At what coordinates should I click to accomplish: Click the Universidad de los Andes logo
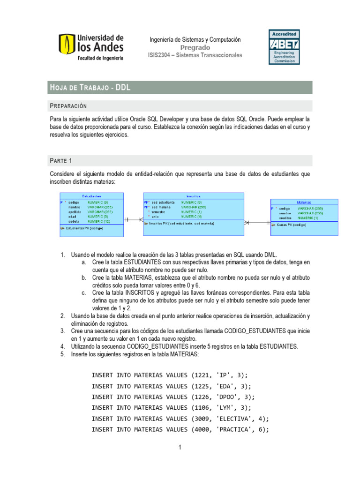click(91, 47)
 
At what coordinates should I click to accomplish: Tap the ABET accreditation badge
click(284, 47)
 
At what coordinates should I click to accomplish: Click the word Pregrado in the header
click(195, 48)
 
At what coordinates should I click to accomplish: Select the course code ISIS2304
click(160, 55)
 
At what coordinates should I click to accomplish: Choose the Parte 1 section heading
click(61, 161)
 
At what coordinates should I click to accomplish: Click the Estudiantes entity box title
click(91, 196)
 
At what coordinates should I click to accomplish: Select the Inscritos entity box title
click(193, 196)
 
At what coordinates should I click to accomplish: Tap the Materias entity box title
click(303, 202)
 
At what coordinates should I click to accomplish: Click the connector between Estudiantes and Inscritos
click(133, 219)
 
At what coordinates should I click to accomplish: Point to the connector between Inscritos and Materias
click(257, 222)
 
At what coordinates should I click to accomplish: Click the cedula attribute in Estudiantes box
click(75, 221)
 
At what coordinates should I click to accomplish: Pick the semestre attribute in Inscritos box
click(159, 212)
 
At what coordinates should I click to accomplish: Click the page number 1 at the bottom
click(180, 448)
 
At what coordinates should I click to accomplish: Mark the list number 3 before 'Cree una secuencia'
click(62, 331)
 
